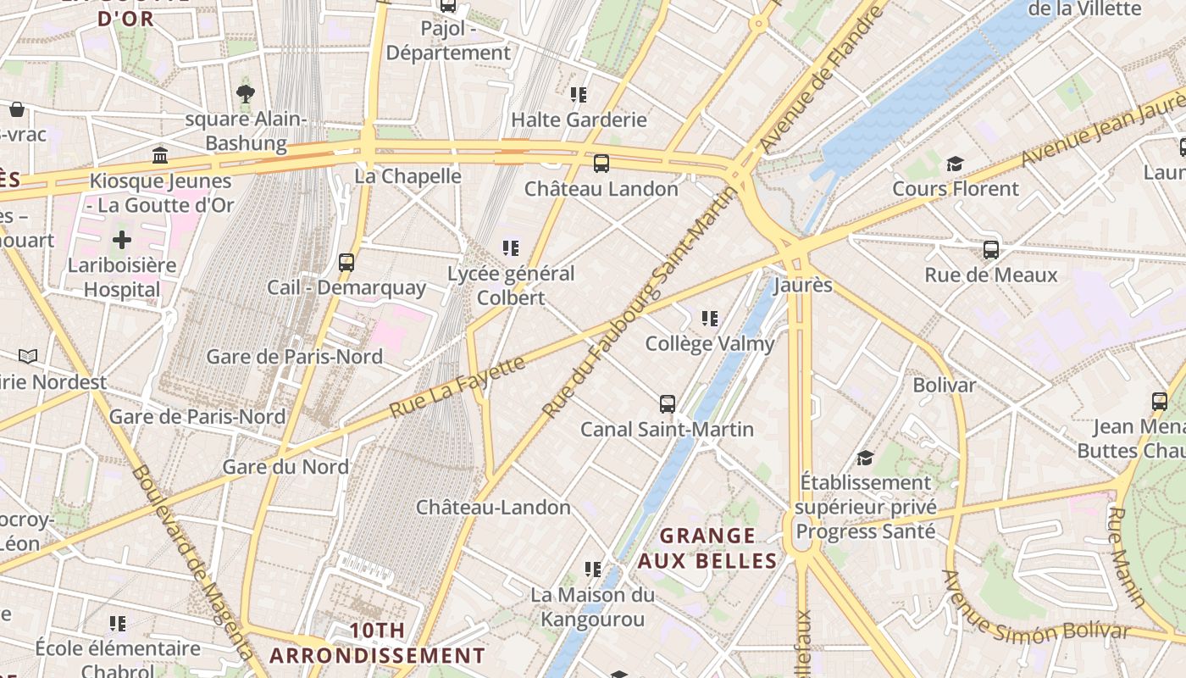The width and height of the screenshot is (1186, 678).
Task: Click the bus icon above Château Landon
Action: (601, 164)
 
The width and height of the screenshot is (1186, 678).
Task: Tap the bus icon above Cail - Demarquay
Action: (346, 263)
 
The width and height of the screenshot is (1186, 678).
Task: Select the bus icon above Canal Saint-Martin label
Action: (668, 404)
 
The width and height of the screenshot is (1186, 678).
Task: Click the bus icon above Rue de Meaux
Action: (990, 250)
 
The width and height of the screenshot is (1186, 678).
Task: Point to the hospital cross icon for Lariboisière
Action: (122, 240)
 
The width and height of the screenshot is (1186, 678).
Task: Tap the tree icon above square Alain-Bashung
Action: (245, 94)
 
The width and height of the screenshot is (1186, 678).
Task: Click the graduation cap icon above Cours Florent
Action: (955, 164)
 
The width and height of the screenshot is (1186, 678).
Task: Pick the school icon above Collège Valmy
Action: (710, 319)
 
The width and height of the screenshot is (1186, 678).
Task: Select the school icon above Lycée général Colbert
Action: (510, 248)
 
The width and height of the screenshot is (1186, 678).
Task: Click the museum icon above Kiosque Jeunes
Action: (160, 155)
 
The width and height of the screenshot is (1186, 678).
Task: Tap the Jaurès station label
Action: (803, 285)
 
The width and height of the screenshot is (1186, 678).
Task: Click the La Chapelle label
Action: (407, 176)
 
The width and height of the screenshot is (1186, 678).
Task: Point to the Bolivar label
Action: (944, 385)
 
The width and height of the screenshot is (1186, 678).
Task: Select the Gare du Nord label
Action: (285, 467)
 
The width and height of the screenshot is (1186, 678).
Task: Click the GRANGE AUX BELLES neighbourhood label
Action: (707, 548)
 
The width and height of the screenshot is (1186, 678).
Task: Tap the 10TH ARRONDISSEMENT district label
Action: (378, 643)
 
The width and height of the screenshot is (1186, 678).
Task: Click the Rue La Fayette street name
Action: (457, 387)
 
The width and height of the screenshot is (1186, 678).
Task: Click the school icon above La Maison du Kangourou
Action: (593, 569)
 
